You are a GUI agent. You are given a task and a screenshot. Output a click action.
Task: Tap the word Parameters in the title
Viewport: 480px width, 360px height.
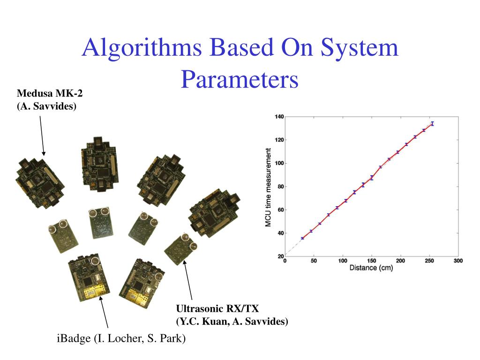click(x=240, y=79)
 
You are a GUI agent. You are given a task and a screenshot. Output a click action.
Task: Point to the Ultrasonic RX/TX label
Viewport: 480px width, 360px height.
click(x=217, y=308)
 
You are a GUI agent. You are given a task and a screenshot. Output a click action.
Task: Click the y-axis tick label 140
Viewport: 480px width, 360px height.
click(x=279, y=116)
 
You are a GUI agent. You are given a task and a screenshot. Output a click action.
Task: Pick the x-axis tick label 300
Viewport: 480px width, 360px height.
click(x=458, y=261)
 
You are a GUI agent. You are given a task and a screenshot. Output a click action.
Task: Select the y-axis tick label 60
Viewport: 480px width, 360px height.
click(x=280, y=210)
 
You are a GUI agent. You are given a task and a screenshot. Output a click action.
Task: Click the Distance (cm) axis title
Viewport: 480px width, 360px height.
click(x=371, y=268)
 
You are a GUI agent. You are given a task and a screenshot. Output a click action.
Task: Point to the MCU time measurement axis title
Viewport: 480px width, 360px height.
click(x=269, y=187)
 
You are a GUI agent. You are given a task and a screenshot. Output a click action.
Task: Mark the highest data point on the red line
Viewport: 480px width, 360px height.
click(x=432, y=124)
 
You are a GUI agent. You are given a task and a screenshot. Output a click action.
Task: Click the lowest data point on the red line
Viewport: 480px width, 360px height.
click(x=302, y=238)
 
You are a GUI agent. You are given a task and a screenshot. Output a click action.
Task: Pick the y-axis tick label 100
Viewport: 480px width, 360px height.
click(x=279, y=163)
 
